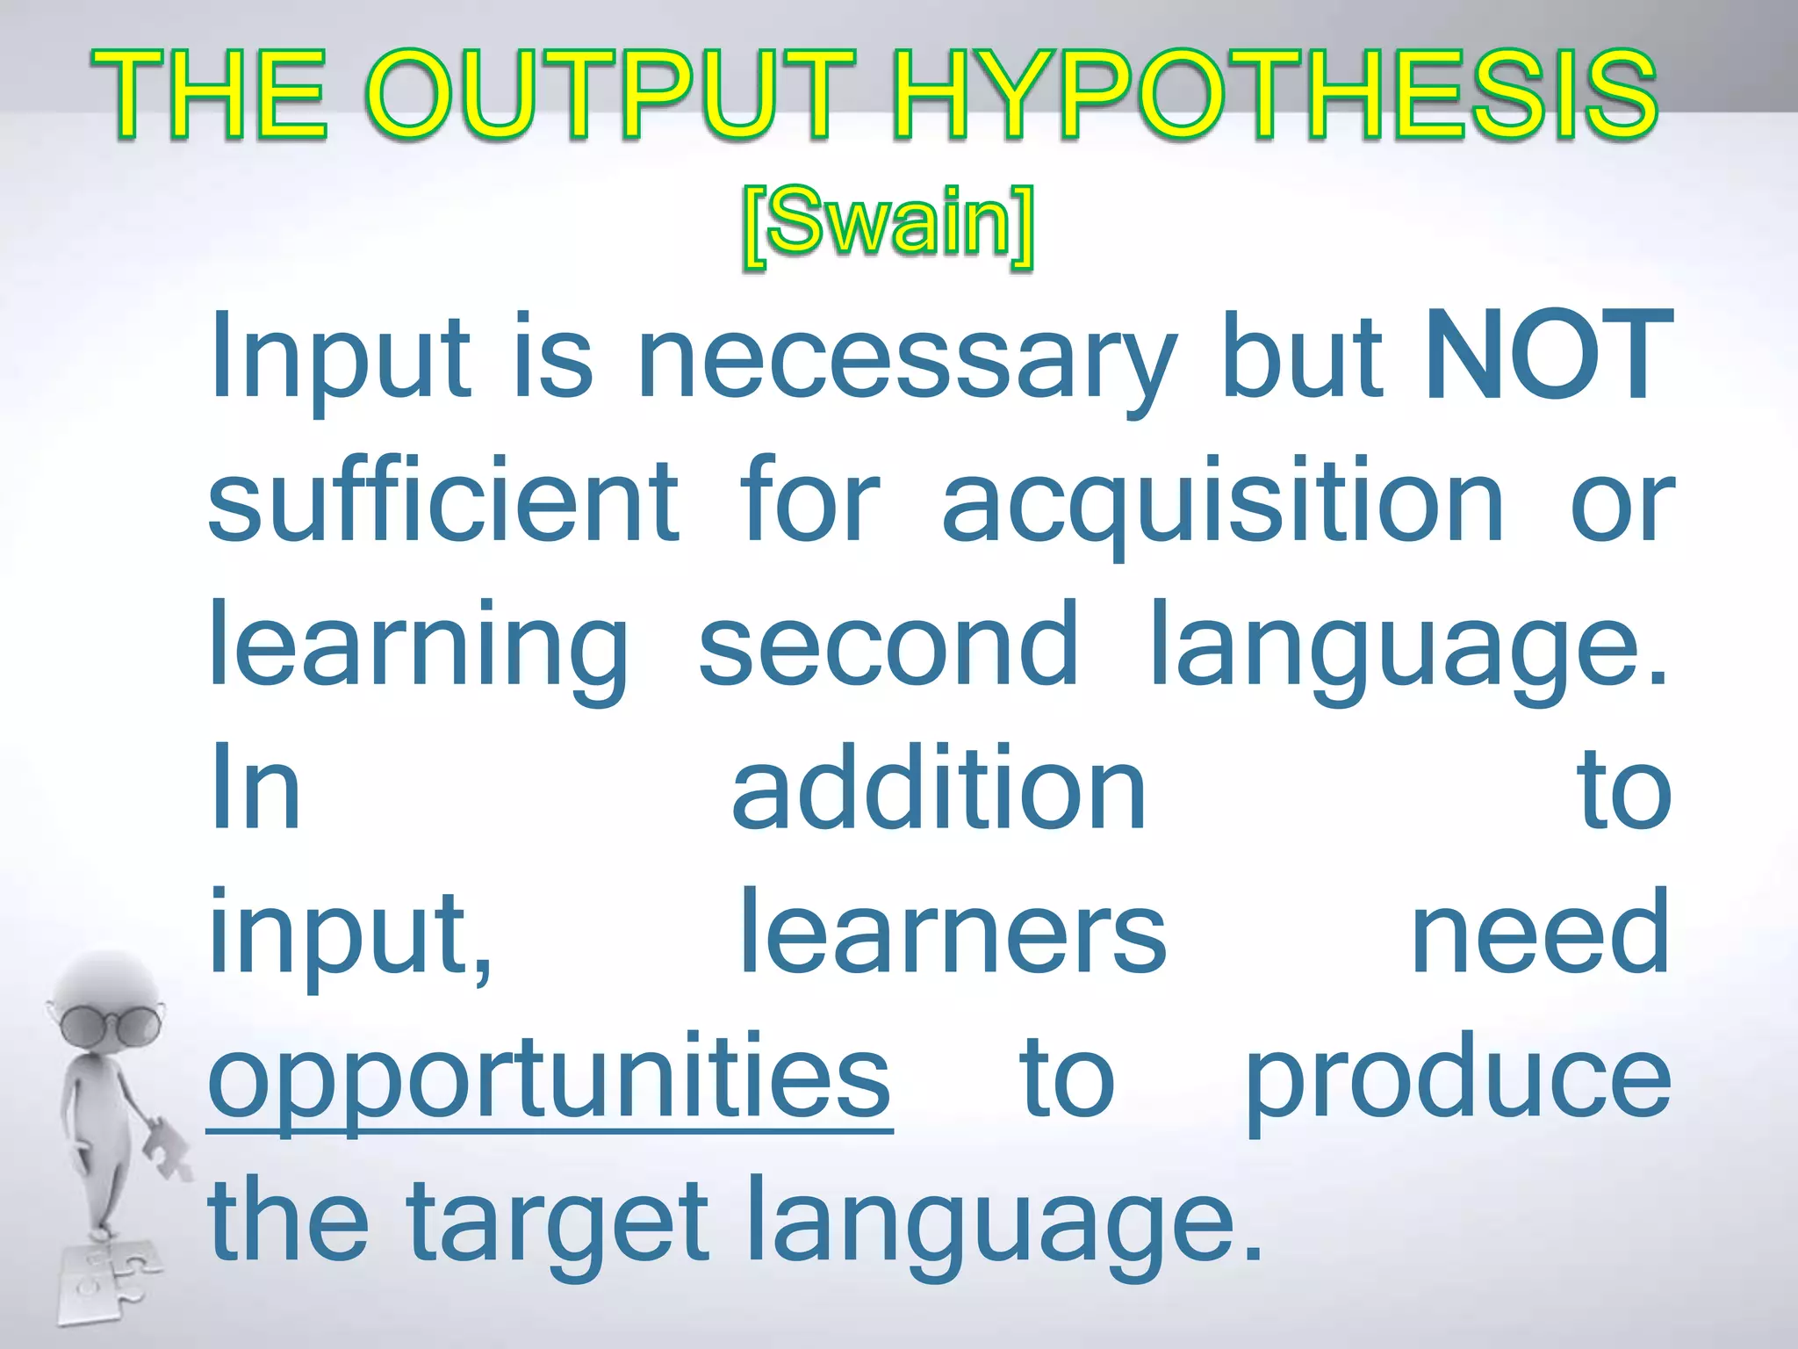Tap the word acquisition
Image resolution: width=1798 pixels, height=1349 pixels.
tap(1224, 505)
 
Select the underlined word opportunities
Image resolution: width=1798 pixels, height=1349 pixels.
tap(550, 1080)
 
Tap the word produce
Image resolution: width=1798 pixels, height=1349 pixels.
tap(1457, 1080)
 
